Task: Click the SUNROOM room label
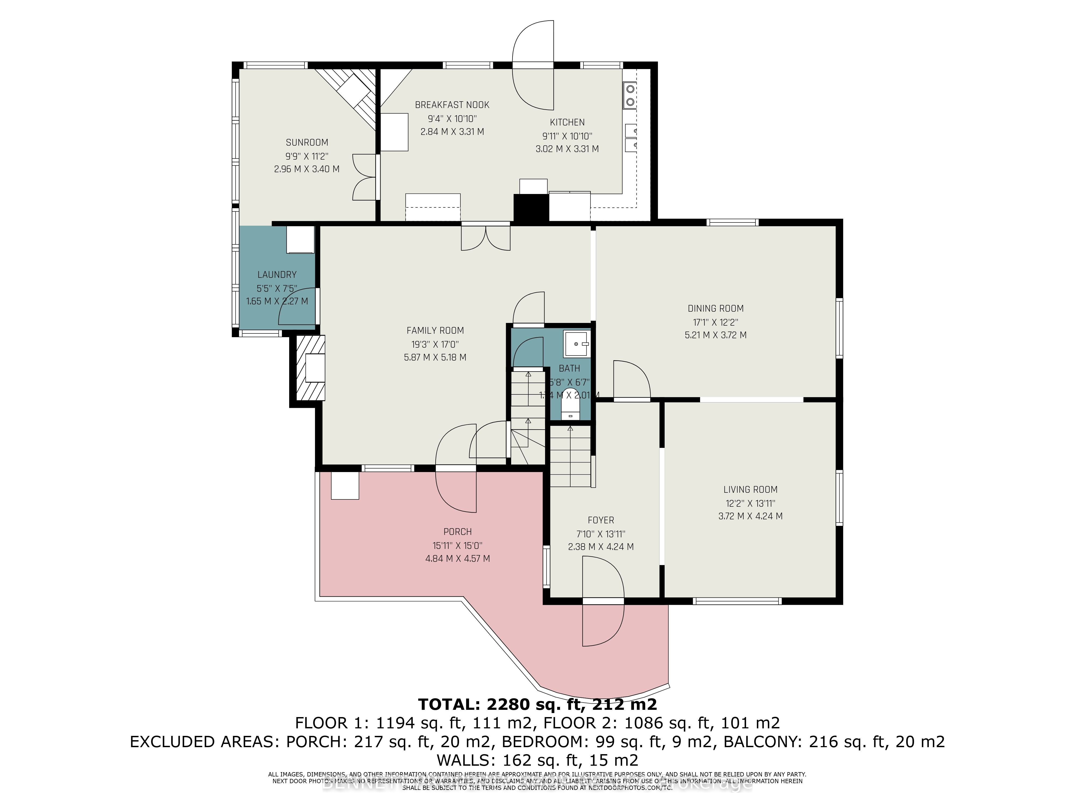point(307,142)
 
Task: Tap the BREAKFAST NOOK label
point(452,105)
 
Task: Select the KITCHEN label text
point(567,123)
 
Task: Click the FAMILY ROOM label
point(435,330)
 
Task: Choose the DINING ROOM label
point(715,308)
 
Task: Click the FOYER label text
point(601,520)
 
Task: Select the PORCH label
point(457,531)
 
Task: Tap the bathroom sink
point(576,343)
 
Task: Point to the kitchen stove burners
point(630,95)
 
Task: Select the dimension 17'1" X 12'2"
point(715,322)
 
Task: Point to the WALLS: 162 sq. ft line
point(537,759)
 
